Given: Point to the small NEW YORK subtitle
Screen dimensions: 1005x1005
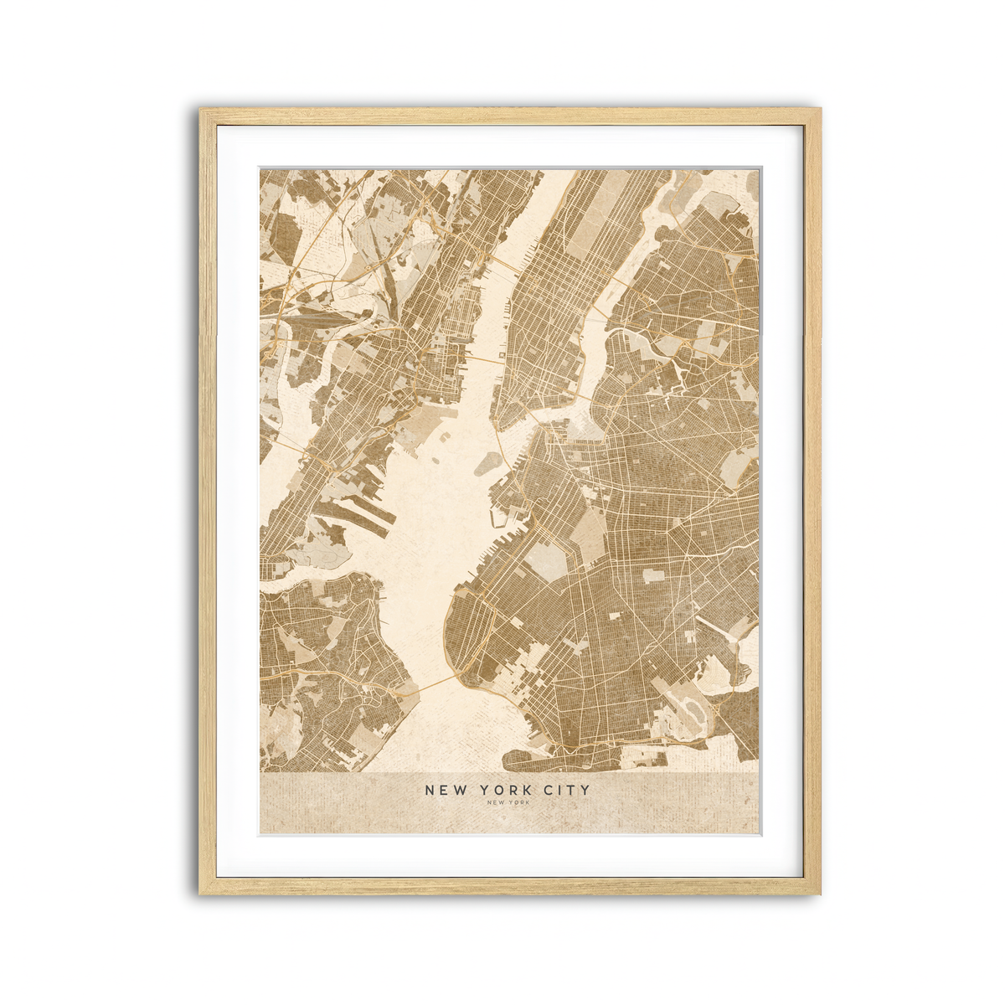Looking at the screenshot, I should click(x=508, y=804).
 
